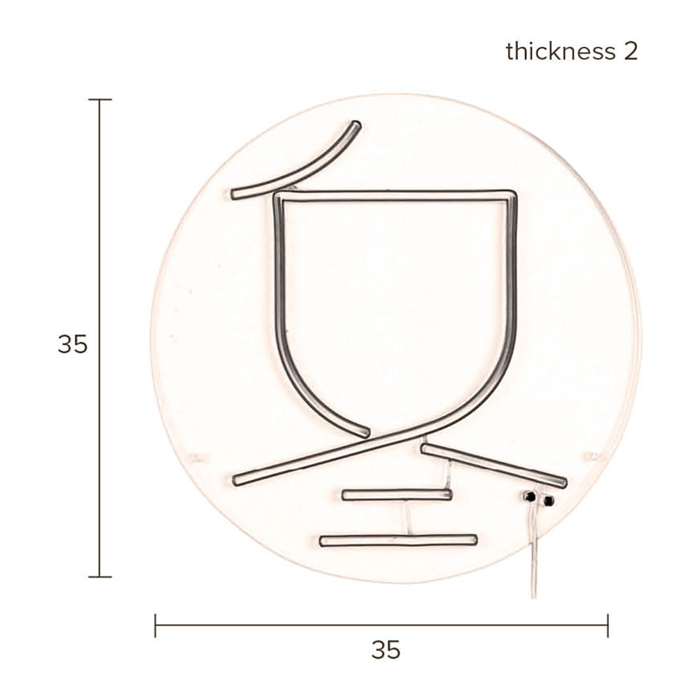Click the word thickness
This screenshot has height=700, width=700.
(560, 51)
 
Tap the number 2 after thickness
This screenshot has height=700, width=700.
(631, 51)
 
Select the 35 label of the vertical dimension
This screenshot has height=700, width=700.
(72, 344)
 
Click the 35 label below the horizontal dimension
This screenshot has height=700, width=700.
(386, 650)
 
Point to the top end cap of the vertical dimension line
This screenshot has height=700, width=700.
(99, 99)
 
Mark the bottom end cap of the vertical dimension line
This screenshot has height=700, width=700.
(99, 577)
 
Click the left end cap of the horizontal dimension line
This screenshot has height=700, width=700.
(155, 625)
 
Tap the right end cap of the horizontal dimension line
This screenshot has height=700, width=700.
(608, 625)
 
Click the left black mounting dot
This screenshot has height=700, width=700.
(531, 496)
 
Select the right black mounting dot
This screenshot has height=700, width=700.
(548, 500)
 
